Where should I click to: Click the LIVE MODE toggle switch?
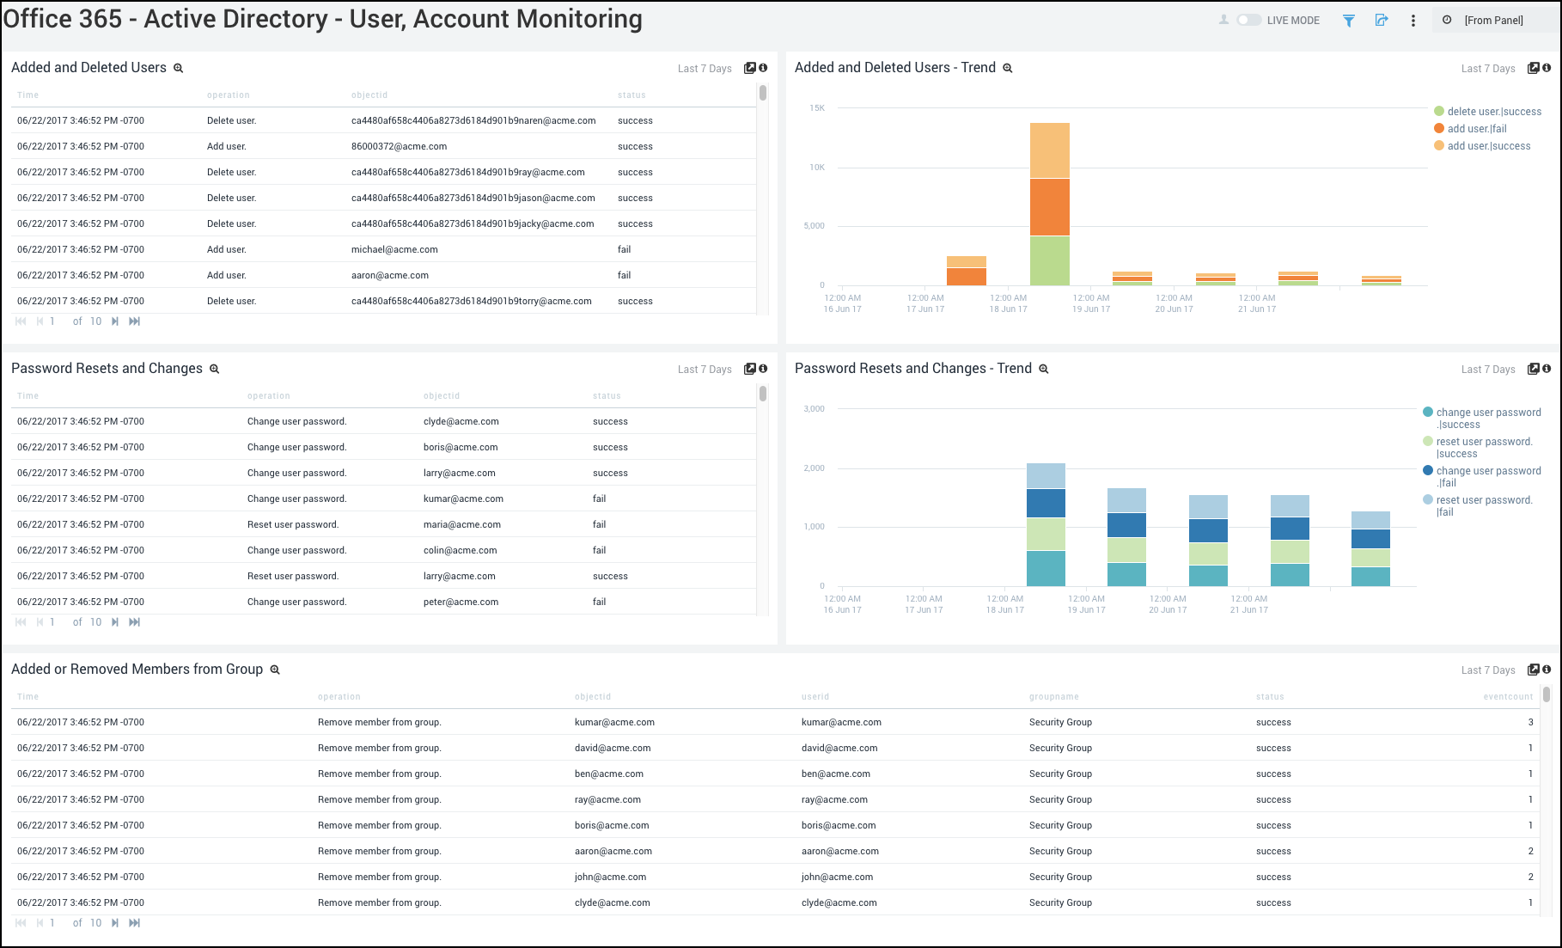point(1248,20)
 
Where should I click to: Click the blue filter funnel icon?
point(1349,21)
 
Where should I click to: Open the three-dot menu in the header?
point(1413,21)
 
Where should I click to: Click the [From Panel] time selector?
point(1493,21)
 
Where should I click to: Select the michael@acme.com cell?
point(394,249)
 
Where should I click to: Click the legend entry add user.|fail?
point(1476,129)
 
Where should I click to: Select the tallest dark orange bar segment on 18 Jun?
point(1050,207)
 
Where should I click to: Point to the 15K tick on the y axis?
point(816,108)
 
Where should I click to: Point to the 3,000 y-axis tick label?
point(814,409)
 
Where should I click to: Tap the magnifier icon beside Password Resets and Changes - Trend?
point(1044,369)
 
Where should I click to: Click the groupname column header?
point(1053,697)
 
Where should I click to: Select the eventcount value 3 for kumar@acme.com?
point(1530,722)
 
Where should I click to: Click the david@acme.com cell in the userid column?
point(839,748)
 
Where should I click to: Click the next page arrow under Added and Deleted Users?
point(115,321)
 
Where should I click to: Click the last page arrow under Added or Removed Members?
point(135,923)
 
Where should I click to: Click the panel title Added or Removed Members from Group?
point(137,670)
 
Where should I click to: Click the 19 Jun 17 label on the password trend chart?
point(1086,610)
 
